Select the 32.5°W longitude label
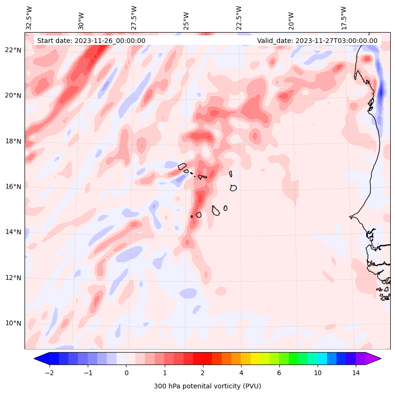(x=29, y=18)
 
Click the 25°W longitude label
(x=186, y=18)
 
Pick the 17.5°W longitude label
(x=344, y=18)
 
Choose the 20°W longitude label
(x=291, y=18)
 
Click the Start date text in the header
(x=91, y=41)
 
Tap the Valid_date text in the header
(x=317, y=41)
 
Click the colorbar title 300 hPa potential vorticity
(x=207, y=386)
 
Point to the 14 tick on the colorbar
(x=356, y=373)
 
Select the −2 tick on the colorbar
(x=49, y=373)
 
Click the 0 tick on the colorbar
(x=126, y=373)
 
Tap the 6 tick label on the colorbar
(x=279, y=373)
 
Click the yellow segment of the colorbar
(x=255, y=358)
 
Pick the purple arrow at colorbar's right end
(x=373, y=358)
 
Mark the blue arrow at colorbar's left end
(x=42, y=358)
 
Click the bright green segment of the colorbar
(x=294, y=358)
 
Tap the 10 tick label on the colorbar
(x=318, y=373)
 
